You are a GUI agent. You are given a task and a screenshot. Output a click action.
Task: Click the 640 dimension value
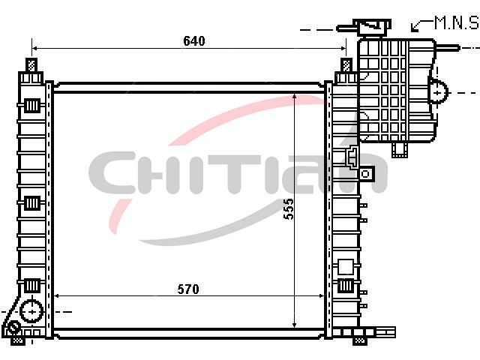(x=194, y=41)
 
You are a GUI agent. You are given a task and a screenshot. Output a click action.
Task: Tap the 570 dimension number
(x=188, y=289)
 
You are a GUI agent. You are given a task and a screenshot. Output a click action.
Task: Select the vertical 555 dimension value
(x=288, y=209)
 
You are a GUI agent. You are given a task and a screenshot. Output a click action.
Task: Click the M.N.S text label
(x=457, y=23)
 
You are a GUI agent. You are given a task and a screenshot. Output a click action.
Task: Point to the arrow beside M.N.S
(x=421, y=25)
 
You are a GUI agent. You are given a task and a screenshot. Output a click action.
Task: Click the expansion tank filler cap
(x=372, y=27)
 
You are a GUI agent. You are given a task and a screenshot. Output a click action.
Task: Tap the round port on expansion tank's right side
(x=438, y=91)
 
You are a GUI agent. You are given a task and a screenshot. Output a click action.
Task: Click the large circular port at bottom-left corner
(x=31, y=311)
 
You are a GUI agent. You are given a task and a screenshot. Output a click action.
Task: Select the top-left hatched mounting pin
(x=31, y=65)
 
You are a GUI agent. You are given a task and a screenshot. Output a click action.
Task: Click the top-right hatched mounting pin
(x=346, y=65)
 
